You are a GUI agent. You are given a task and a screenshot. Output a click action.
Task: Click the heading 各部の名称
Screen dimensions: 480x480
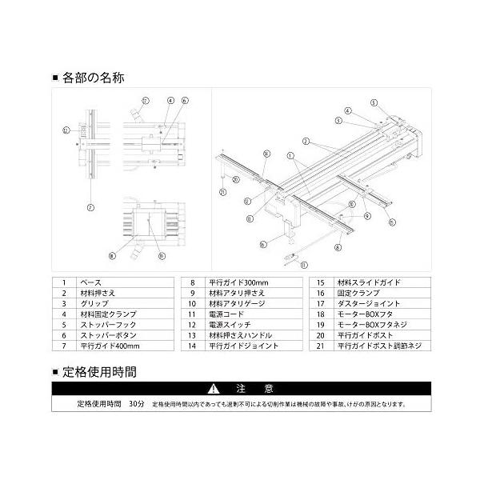click(x=95, y=79)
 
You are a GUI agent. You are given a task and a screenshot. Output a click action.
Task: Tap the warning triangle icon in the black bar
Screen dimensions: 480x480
click(x=213, y=389)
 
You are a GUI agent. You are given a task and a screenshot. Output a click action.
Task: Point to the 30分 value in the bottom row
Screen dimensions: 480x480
click(x=135, y=405)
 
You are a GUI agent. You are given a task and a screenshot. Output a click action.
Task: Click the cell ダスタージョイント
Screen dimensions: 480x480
click(x=367, y=304)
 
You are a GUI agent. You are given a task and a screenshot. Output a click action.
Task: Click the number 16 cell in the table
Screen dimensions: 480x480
click(x=319, y=294)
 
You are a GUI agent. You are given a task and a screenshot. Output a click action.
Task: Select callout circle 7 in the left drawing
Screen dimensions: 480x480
click(x=90, y=206)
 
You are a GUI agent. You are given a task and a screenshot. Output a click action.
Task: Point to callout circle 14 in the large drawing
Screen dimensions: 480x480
click(x=249, y=201)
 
